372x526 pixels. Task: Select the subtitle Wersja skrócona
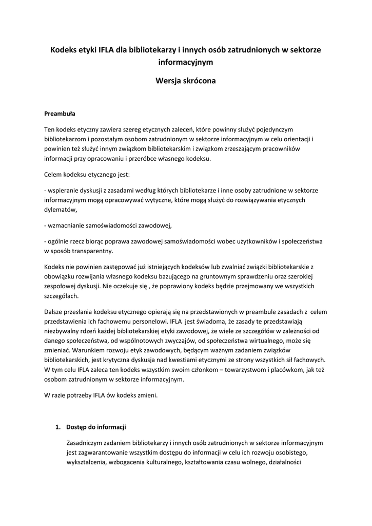coord(186,81)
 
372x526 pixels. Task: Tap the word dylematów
coord(61,210)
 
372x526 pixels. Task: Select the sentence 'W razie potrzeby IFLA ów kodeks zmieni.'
coord(102,396)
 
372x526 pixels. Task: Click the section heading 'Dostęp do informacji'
coord(96,427)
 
